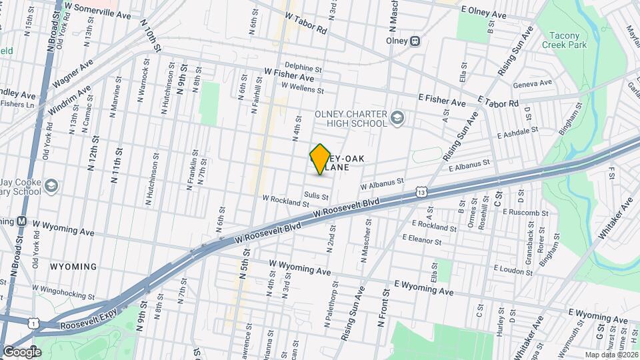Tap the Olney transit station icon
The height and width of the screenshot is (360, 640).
tap(415, 40)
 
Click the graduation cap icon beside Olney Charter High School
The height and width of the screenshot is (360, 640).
tap(397, 118)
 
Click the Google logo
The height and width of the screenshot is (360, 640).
tap(21, 351)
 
